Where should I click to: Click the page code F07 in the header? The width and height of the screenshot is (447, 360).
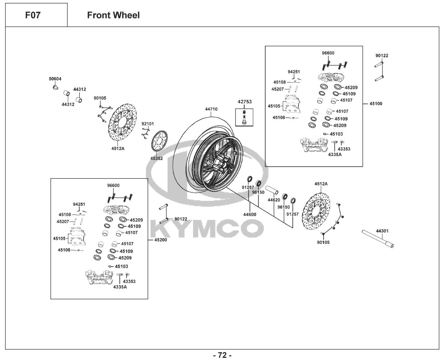click(33, 15)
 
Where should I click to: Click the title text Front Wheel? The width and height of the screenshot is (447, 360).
click(113, 15)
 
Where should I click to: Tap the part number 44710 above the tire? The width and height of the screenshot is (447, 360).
click(211, 109)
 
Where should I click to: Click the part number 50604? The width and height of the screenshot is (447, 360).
click(55, 79)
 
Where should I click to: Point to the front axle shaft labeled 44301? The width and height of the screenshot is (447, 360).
click(378, 239)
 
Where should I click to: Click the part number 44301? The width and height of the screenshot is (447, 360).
click(382, 231)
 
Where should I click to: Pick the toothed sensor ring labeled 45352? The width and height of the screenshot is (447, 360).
click(159, 141)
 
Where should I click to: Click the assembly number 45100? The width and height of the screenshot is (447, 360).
click(376, 104)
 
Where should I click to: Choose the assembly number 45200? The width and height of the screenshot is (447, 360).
click(160, 240)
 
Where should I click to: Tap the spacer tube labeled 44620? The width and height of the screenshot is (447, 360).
click(272, 190)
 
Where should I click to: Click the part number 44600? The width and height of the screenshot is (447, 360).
click(250, 215)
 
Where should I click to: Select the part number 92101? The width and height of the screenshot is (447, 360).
click(148, 124)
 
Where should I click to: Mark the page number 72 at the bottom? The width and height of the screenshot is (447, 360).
click(223, 355)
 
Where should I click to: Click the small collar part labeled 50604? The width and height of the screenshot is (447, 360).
click(55, 87)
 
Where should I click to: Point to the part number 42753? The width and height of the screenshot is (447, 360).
click(245, 102)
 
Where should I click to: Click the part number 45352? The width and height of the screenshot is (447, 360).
click(157, 158)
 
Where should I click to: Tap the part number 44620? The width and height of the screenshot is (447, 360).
click(274, 200)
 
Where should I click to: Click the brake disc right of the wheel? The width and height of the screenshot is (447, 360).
click(316, 211)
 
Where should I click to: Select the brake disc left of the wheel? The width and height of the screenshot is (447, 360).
click(123, 122)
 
